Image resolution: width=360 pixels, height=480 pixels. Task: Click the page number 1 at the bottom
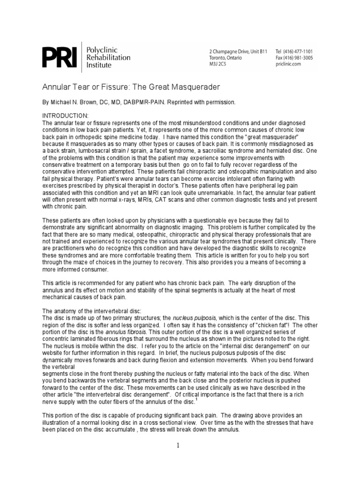click(179, 445)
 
